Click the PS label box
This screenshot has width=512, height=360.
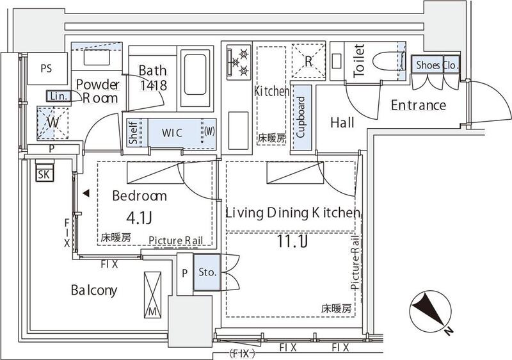click(46, 68)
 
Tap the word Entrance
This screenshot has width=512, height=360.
click(418, 105)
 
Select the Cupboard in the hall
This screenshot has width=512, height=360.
click(300, 119)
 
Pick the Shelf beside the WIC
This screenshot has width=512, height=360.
click(132, 133)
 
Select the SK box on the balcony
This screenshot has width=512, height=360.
click(45, 174)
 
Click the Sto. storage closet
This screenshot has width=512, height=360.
click(206, 272)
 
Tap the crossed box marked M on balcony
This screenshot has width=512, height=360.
click(154, 293)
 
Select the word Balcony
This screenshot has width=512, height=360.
click(93, 290)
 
